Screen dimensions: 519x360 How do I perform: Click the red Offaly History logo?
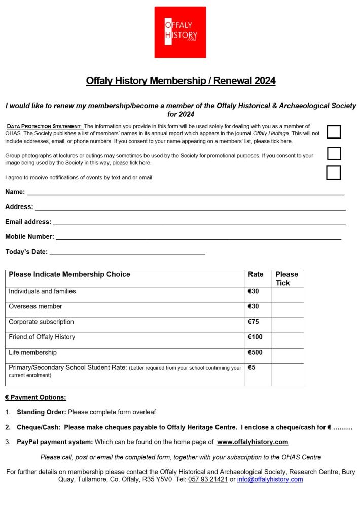pos(180,32)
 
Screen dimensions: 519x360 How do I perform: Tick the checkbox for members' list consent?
pos(334,132)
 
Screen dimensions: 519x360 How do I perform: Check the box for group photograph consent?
pos(334,153)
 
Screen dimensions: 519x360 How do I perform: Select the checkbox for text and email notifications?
pos(333,172)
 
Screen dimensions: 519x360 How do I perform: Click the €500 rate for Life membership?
pos(255,352)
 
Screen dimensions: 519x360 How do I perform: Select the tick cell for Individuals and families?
pos(287,295)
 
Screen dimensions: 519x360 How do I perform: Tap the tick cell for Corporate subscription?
pos(287,325)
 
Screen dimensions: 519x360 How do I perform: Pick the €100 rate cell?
pos(255,337)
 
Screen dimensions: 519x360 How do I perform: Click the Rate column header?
pos(256,274)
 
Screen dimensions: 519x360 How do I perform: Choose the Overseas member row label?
pos(35,306)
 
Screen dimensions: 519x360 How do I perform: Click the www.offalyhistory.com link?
pos(253,442)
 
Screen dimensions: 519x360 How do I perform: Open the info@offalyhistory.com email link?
pos(270,479)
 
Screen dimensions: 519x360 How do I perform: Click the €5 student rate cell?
pos(252,367)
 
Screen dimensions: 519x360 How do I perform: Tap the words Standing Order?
pos(41,412)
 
